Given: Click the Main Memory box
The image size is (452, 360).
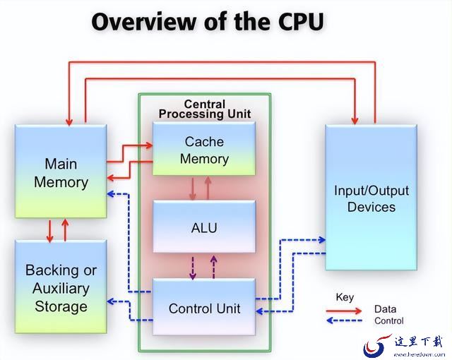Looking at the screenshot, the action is (x=61, y=172).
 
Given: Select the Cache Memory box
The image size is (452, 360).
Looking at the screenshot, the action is (x=204, y=149).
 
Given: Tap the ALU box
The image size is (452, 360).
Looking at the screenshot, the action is (x=204, y=227).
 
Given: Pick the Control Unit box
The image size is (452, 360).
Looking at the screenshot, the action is (x=204, y=307).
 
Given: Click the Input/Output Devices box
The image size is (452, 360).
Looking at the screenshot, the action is (x=371, y=198).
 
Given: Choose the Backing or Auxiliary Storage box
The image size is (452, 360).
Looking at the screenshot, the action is (x=61, y=287).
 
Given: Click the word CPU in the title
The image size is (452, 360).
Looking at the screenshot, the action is (x=301, y=22).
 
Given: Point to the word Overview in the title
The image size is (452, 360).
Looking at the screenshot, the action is (x=144, y=22).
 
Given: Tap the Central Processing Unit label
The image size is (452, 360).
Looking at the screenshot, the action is (x=205, y=109).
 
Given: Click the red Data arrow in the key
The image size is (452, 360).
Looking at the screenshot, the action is (x=344, y=311).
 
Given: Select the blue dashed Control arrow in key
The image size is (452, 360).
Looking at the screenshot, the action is (x=344, y=320).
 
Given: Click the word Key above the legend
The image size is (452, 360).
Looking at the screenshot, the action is (x=345, y=297).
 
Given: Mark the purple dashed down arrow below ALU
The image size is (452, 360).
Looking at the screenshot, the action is (x=193, y=268).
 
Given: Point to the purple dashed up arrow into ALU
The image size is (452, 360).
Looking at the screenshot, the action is (x=213, y=267).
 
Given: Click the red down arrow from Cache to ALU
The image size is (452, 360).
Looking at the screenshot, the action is (x=193, y=188).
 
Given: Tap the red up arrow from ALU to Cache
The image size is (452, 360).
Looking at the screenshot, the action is (x=208, y=188).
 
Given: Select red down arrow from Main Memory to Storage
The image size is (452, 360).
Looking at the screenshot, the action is (x=50, y=231).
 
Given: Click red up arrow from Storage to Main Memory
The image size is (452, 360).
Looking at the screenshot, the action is (x=65, y=230).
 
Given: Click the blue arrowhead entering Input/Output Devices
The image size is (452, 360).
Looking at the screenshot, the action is (x=322, y=239).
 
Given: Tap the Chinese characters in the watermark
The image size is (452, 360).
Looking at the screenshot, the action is (x=418, y=342).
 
